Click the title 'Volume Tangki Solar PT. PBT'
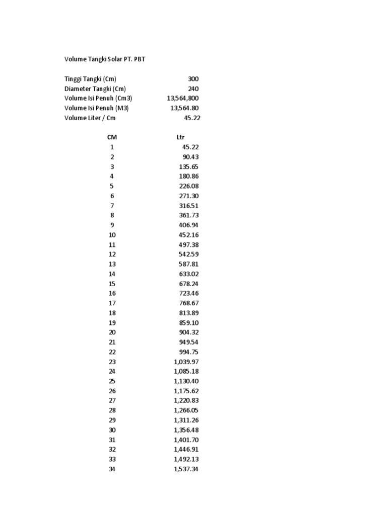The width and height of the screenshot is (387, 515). [105, 59]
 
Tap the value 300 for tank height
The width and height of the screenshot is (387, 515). [193, 79]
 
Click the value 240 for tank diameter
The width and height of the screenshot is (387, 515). [193, 89]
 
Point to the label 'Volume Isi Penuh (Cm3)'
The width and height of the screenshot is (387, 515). [98, 98]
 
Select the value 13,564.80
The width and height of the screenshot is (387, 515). [184, 108]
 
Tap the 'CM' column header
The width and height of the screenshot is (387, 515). [112, 137]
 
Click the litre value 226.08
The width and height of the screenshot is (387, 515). [189, 186]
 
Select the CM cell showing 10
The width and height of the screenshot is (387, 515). [112, 235]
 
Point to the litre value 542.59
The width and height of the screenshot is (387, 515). [189, 254]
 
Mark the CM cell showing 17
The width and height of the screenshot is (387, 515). [112, 303]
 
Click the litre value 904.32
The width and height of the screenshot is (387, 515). [189, 332]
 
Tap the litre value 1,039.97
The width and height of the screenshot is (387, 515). [186, 362]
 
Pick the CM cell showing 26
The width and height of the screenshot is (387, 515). [112, 391]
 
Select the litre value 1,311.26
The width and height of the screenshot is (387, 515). [186, 420]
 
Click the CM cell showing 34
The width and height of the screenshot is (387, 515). [112, 469]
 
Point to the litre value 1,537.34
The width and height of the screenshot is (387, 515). [186, 469]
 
